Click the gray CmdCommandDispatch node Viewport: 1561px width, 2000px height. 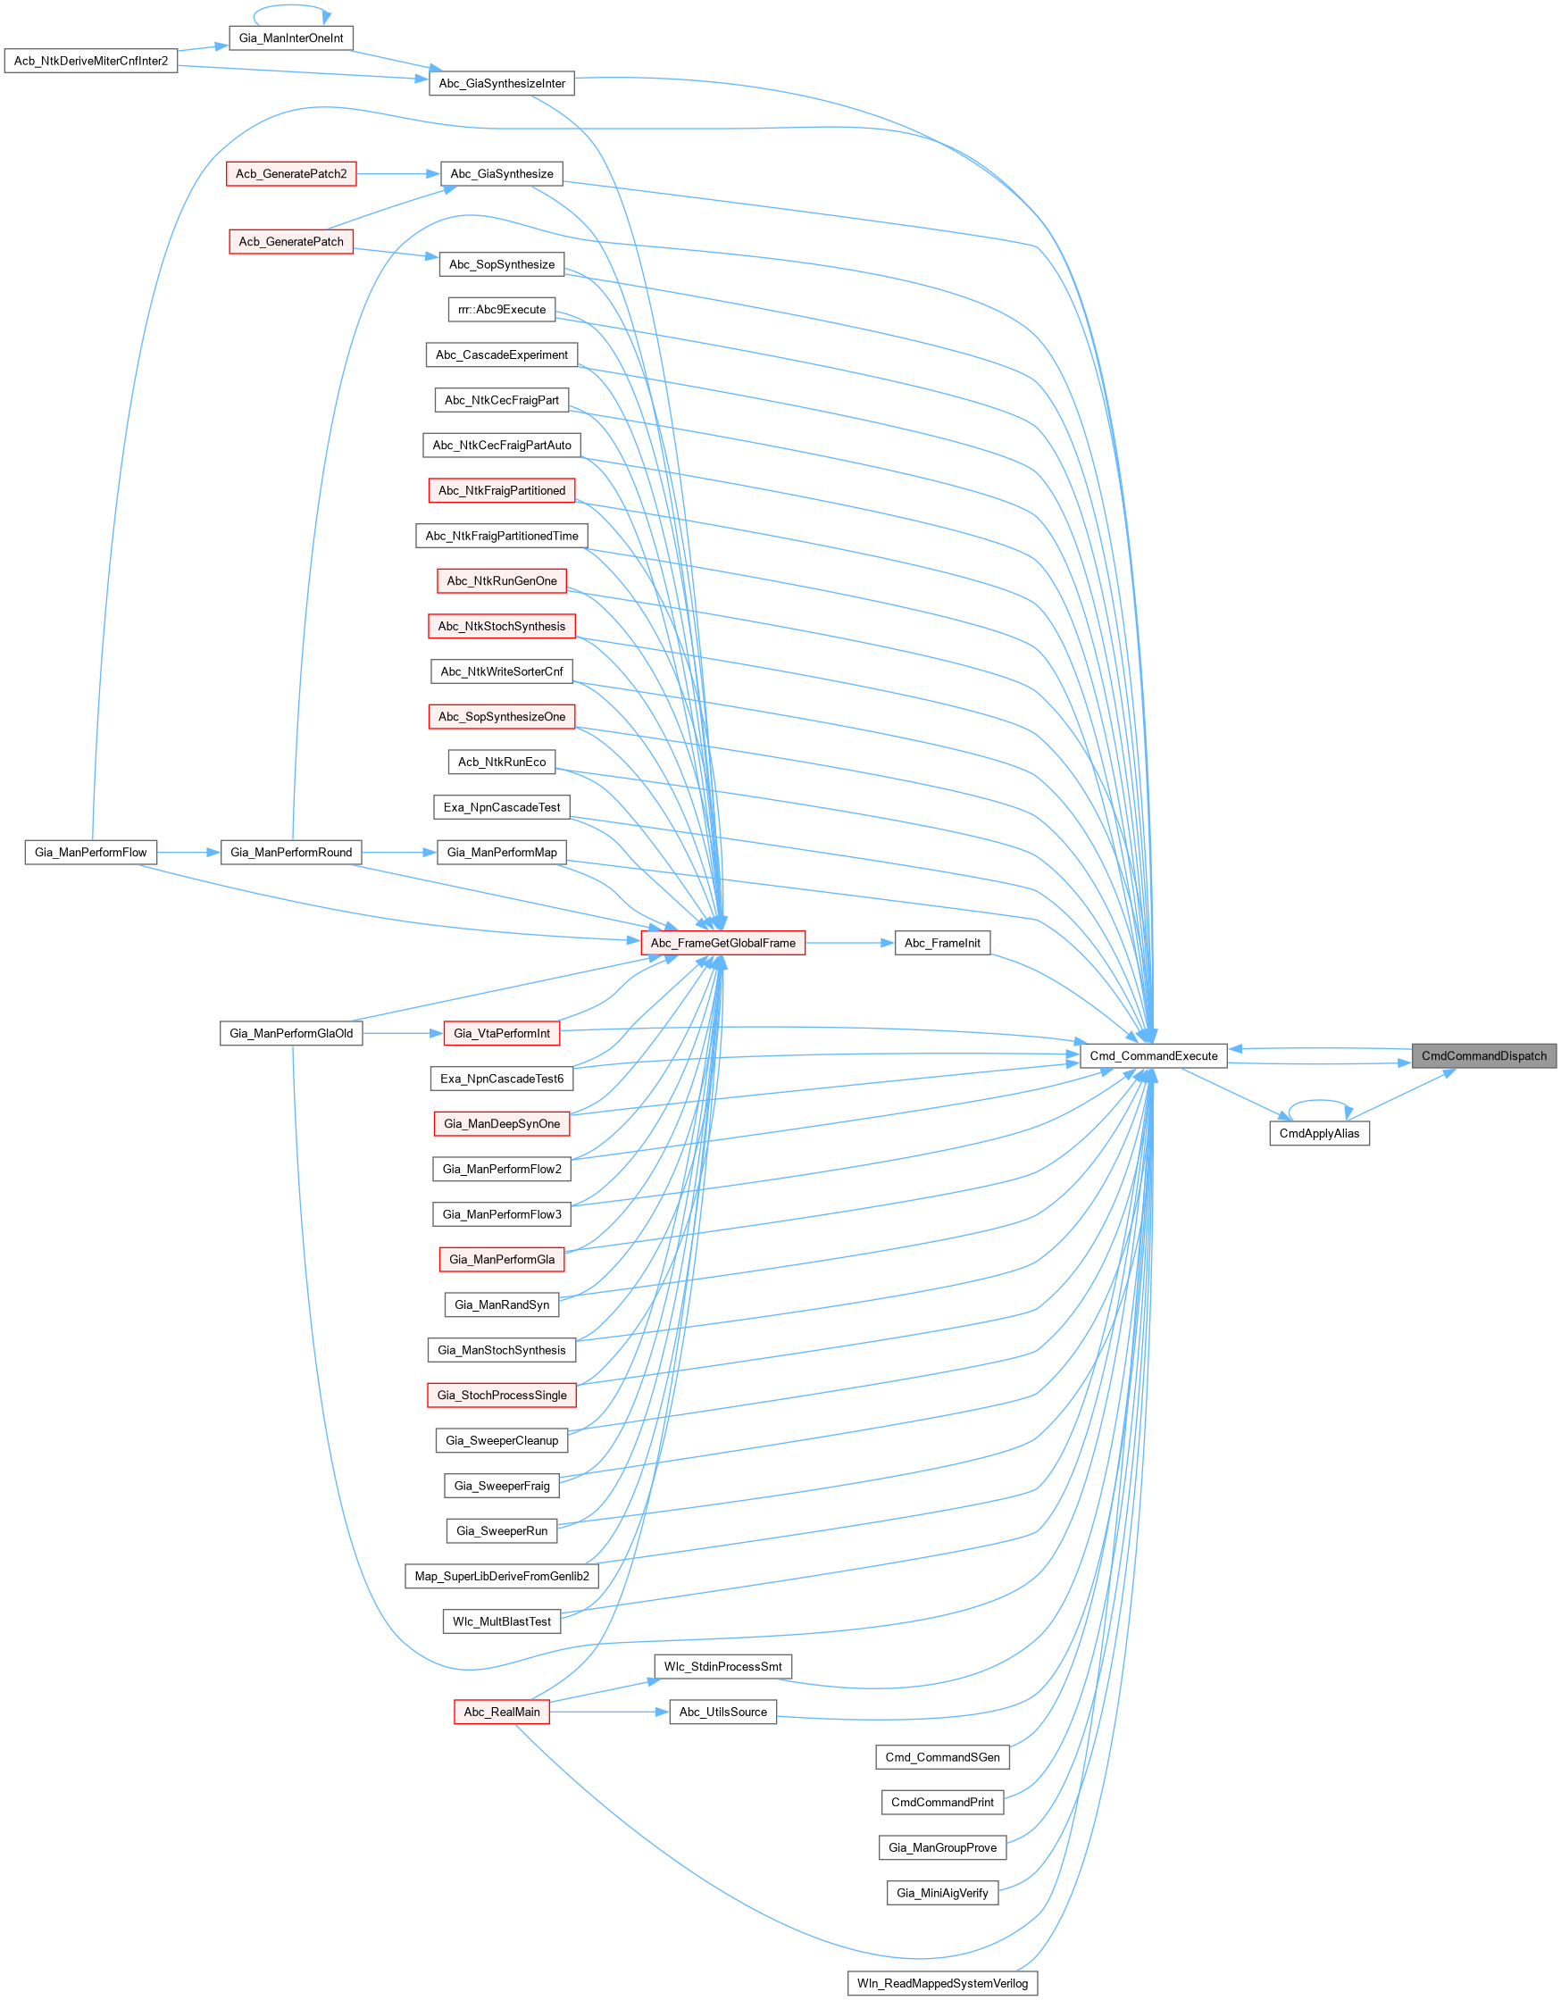click(1483, 1056)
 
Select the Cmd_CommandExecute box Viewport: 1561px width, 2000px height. click(1154, 1056)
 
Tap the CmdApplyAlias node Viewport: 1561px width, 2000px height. click(1319, 1134)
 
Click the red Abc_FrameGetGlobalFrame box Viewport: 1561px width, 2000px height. click(722, 943)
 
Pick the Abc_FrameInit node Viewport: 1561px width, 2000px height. click(942, 943)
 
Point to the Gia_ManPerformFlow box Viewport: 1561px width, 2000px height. click(91, 853)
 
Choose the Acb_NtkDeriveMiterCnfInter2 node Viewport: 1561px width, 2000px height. click(91, 62)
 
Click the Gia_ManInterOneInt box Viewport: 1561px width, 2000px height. click(291, 38)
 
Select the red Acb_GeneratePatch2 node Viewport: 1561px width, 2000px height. click(291, 174)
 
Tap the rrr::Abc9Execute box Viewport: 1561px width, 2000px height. click(501, 310)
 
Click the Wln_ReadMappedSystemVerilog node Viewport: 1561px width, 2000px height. click(942, 1984)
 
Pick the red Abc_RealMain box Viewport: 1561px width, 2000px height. click(501, 1712)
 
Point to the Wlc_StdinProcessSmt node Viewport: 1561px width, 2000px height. click(722, 1667)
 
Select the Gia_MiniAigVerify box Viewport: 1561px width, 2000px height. click(942, 1893)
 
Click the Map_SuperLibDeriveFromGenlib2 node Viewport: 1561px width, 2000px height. click(501, 1576)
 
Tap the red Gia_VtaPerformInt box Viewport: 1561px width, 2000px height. click(501, 1034)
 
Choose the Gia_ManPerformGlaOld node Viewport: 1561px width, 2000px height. click(291, 1034)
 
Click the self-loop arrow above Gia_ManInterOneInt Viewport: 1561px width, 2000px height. click(291, 7)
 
